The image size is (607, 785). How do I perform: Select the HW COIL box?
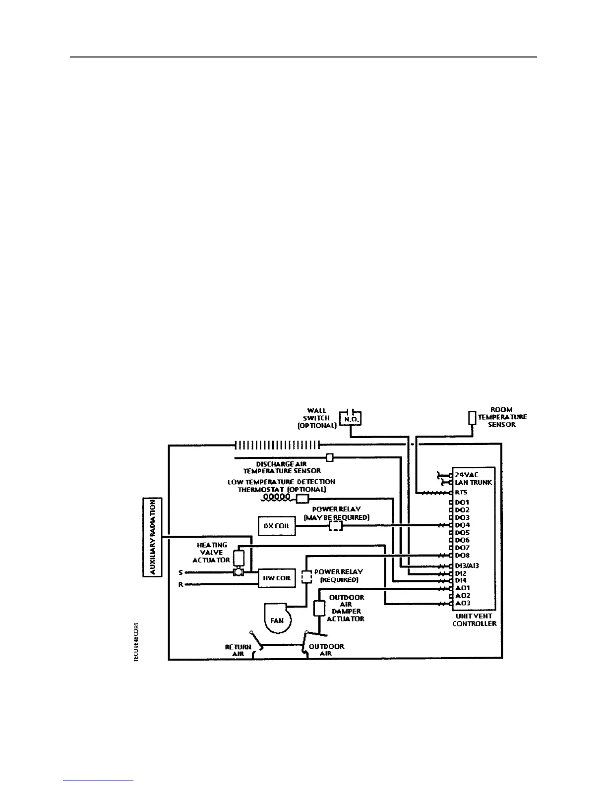[x=277, y=578]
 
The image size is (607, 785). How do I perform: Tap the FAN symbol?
[x=277, y=618]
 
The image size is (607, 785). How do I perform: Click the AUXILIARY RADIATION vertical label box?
[x=152, y=537]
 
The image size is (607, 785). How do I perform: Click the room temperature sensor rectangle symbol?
[x=472, y=417]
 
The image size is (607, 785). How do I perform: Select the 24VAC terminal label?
[x=466, y=474]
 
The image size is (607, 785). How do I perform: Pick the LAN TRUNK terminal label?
[x=473, y=482]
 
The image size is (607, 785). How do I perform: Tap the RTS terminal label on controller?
[x=461, y=493]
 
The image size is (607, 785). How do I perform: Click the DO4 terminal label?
[x=462, y=525]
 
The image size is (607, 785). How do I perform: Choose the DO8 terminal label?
[x=462, y=556]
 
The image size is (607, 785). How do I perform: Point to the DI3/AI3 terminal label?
[x=467, y=565]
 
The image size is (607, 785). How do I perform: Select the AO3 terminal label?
[x=462, y=603]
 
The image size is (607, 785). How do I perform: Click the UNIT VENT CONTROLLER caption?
[x=474, y=619]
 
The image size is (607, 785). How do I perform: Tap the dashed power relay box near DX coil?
[x=336, y=526]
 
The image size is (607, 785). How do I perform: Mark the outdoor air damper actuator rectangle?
[x=319, y=608]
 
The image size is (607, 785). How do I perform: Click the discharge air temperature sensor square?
[x=329, y=457]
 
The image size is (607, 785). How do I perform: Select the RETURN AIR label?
[x=238, y=650]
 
